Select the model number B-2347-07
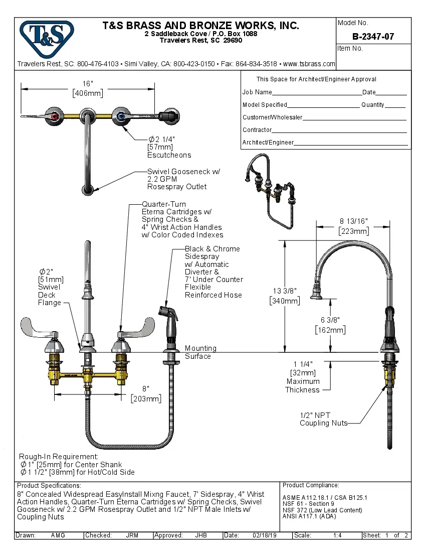point(373,37)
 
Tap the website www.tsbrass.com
point(309,64)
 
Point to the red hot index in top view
point(55,116)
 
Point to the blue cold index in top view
point(120,116)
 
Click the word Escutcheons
point(169,155)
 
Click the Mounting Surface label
point(200,352)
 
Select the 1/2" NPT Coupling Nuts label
point(323,419)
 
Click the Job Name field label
point(257,92)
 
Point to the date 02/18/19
point(266,535)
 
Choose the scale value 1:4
point(337,535)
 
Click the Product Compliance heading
point(311,485)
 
